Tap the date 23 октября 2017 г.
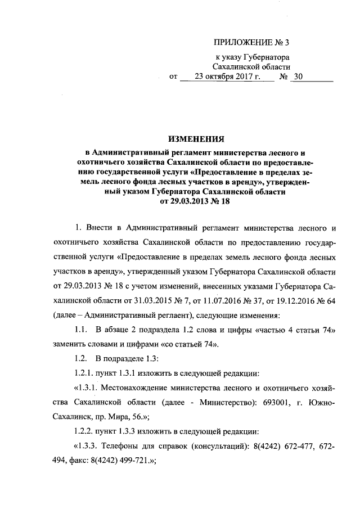point(227,77)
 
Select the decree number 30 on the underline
point(298,77)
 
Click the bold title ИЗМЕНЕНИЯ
point(194,138)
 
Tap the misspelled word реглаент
point(165,315)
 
